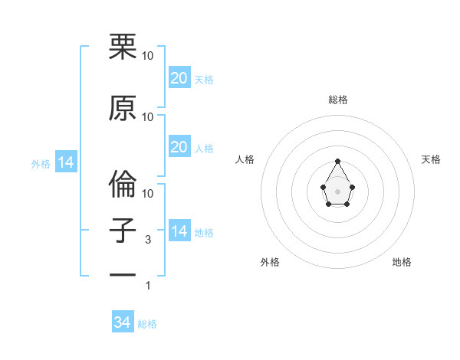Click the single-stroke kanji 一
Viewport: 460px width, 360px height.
pos(123,273)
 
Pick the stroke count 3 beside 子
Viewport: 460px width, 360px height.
pos(149,240)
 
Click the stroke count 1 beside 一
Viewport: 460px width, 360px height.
pos(149,286)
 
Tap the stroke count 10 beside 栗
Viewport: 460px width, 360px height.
pos(148,56)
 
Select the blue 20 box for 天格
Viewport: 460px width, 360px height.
pos(179,78)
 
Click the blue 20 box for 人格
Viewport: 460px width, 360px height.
pos(179,147)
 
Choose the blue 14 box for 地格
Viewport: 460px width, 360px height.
pos(179,231)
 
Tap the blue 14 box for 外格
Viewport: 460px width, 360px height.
pos(65,162)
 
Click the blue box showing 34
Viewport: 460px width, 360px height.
pos(123,322)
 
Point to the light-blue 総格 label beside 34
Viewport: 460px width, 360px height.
pos(147,324)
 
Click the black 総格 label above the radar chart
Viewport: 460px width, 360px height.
pos(337,100)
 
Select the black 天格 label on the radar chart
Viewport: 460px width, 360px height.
pos(431,159)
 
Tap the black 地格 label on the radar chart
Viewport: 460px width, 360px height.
pos(402,262)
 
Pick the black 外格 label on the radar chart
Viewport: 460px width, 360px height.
pos(270,262)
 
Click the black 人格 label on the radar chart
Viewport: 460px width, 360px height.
pos(245,159)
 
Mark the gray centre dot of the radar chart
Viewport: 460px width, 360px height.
pos(337,191)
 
